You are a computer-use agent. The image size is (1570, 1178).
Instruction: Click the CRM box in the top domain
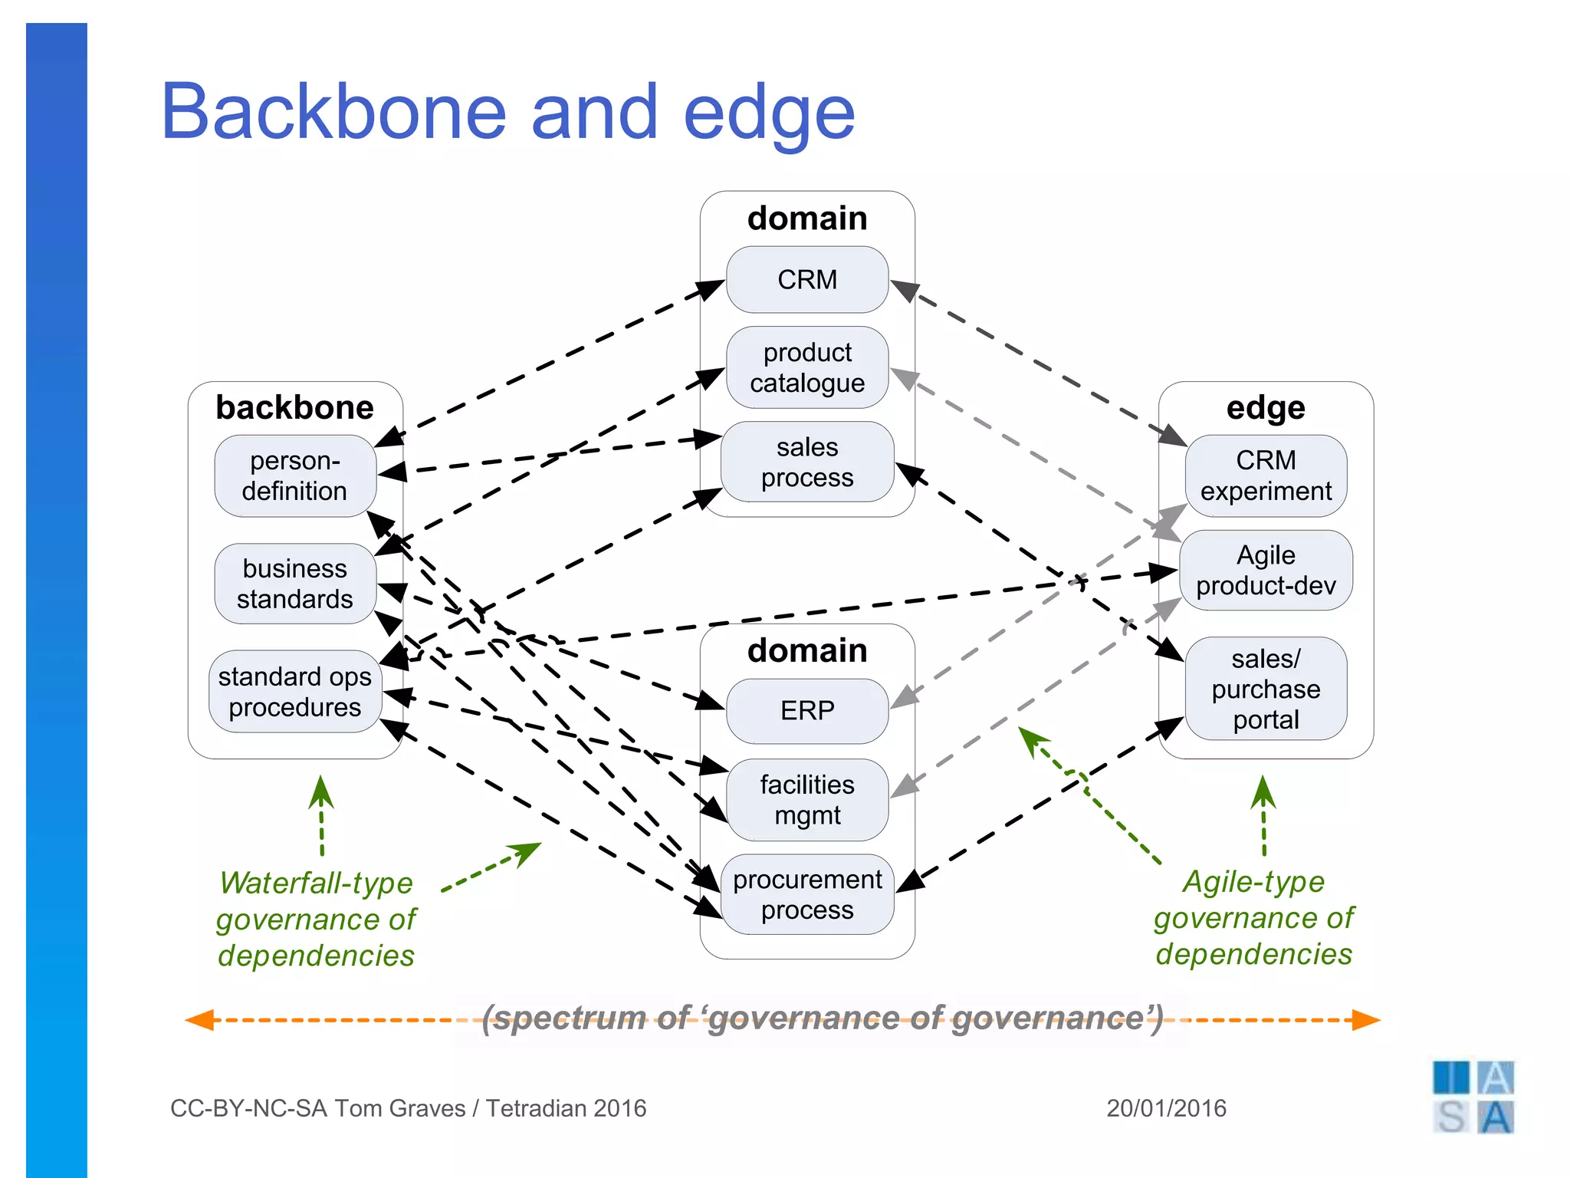(806, 280)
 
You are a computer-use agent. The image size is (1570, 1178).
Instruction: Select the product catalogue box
(806, 367)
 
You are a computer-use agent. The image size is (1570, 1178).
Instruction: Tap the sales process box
(806, 462)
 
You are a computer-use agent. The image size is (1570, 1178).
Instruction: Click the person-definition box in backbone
(294, 475)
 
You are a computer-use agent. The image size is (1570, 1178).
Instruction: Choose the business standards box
(294, 584)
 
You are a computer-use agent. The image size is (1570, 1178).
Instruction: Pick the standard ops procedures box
(294, 691)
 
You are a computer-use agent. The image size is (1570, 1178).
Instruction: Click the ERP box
(806, 711)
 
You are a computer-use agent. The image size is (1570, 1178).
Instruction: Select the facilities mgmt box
(806, 800)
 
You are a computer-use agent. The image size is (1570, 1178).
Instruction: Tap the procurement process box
(806, 894)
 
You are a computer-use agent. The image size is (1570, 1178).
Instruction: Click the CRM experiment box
(1266, 475)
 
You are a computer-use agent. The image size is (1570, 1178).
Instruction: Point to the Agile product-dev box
(1266, 570)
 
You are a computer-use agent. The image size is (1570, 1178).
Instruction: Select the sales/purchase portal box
(1266, 689)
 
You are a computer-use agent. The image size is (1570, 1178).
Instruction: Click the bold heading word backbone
(294, 407)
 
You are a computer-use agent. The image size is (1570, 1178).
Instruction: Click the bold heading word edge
(1266, 407)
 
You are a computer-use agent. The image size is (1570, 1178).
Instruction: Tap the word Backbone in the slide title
(333, 112)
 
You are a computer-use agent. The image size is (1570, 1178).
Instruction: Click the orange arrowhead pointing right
(1366, 1020)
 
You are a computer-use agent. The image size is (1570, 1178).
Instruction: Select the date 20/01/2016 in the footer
(1166, 1108)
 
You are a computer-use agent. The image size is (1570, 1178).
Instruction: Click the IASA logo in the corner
(1473, 1097)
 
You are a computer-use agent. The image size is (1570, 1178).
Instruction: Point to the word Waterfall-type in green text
(316, 883)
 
